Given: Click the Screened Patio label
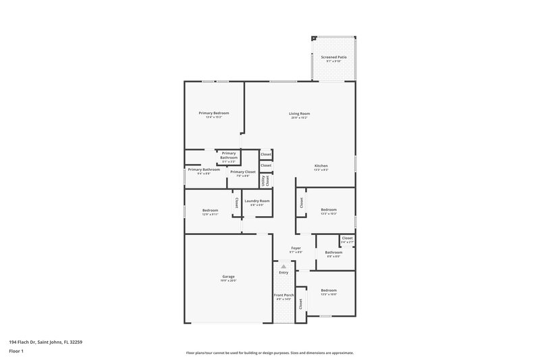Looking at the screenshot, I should [333, 57].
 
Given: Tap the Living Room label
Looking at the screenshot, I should [300, 113].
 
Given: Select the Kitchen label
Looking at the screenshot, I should [321, 166].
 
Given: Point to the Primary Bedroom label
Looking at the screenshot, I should [213, 113].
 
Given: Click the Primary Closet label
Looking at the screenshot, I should [242, 172].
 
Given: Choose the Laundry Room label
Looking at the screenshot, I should [257, 201].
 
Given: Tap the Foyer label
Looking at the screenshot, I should [296, 248].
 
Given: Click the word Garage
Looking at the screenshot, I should [229, 276].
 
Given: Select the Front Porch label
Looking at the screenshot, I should [283, 295].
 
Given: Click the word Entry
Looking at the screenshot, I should [283, 273].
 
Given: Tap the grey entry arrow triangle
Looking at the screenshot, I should [283, 267].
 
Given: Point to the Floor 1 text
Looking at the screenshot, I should [17, 352].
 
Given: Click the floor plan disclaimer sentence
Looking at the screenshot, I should [269, 353].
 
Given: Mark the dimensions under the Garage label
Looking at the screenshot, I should [229, 281].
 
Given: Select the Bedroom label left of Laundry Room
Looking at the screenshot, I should [210, 210].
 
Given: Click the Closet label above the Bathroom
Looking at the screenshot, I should [347, 238].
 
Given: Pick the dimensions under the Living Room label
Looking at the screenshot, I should [300, 118].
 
